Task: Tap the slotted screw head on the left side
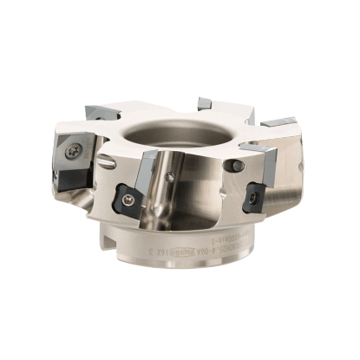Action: (106, 164)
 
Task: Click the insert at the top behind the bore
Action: (205, 103)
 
